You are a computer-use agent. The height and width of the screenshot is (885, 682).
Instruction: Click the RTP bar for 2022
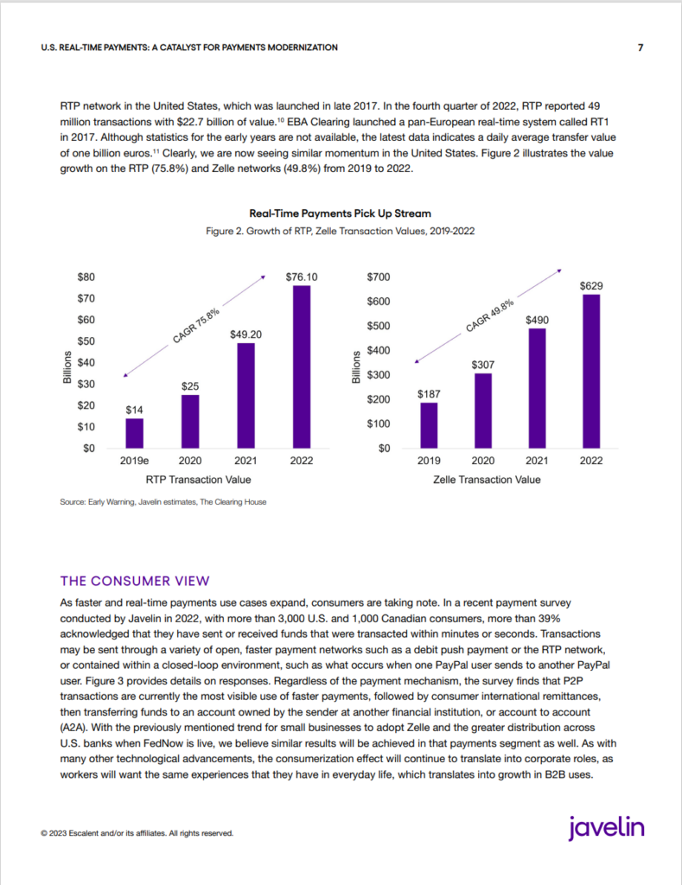[302, 366]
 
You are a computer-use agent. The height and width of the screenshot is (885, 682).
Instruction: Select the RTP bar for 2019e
[134, 433]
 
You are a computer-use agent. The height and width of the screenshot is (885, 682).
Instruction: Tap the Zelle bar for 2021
[537, 388]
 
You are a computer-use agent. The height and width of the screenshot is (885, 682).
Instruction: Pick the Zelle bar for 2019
[429, 425]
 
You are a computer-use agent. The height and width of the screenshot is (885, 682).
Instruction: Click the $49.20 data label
[245, 334]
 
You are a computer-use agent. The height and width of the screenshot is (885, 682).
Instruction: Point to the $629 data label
[591, 286]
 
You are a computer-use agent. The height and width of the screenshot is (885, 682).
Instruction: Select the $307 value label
[482, 366]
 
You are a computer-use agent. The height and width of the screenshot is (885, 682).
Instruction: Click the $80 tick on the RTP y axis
[86, 277]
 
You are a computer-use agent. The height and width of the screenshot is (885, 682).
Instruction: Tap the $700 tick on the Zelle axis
[379, 277]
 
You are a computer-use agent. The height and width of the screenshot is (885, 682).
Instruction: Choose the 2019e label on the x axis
[134, 461]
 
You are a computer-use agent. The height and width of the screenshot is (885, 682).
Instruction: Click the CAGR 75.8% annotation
[196, 326]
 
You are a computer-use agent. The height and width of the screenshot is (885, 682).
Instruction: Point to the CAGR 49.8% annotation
[490, 316]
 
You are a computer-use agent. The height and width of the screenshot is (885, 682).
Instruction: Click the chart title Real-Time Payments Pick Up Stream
[341, 213]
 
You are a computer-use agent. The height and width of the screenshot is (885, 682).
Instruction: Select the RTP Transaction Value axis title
[198, 480]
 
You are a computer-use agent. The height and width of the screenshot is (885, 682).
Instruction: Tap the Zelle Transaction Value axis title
[487, 480]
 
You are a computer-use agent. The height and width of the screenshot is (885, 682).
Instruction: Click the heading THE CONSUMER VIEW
[135, 582]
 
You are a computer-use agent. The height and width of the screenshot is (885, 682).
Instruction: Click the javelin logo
[606, 828]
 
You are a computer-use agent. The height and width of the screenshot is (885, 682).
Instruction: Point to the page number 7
[641, 48]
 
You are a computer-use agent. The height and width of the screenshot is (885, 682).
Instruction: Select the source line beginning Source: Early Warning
[163, 502]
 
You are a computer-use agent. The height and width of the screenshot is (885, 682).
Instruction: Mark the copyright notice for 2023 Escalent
[137, 833]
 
